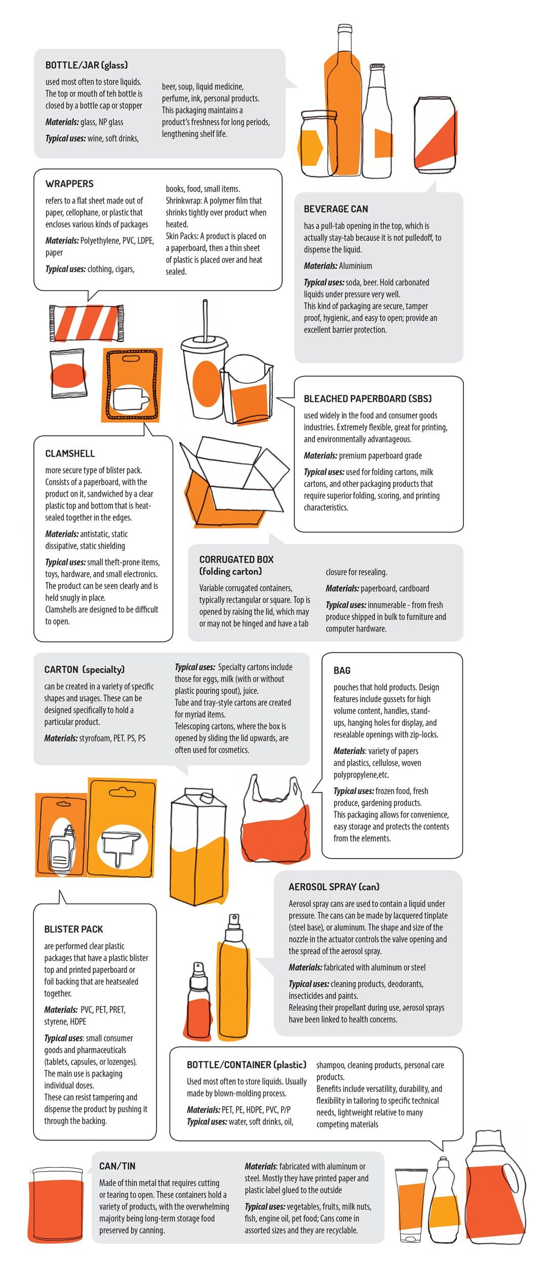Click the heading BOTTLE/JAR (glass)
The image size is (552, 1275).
click(86, 65)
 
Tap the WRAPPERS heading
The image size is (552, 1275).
click(69, 183)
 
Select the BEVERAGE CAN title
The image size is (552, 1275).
click(336, 209)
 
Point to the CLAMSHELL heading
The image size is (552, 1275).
click(70, 453)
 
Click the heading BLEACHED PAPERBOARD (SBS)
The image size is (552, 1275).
click(367, 398)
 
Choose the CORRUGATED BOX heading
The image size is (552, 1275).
click(236, 559)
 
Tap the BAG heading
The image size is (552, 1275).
click(342, 670)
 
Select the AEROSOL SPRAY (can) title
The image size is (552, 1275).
click(334, 887)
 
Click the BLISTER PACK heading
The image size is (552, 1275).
click(73, 929)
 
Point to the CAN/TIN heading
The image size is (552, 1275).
click(117, 1166)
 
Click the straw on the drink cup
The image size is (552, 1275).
click(205, 319)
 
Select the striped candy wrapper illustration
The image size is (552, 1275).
click(87, 323)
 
